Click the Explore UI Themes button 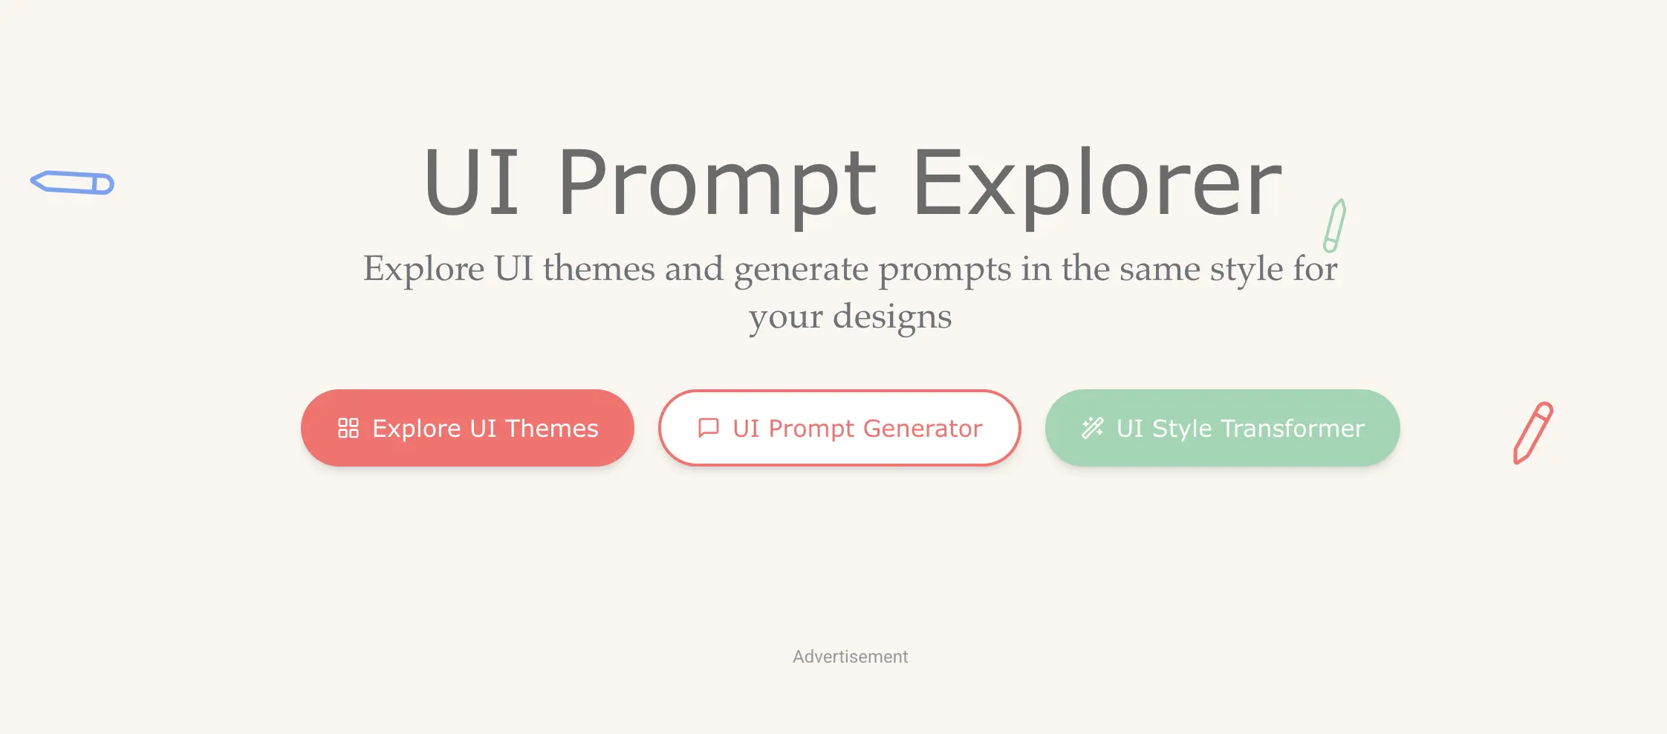coord(467,428)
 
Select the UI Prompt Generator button coord(839,428)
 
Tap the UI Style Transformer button coord(1222,428)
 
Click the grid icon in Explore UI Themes coord(348,428)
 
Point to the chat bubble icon coord(709,428)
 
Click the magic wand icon coord(1093,428)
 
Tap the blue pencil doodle coord(72,183)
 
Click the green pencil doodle coord(1335,226)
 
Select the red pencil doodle coord(1533,433)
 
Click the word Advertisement coord(850,657)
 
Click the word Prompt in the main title coord(718,186)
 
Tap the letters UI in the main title coord(471,182)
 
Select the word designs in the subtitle coord(892,317)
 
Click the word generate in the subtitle coord(802,270)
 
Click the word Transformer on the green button coord(1293,429)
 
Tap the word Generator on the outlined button coord(923,429)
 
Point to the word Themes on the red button coord(552,429)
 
